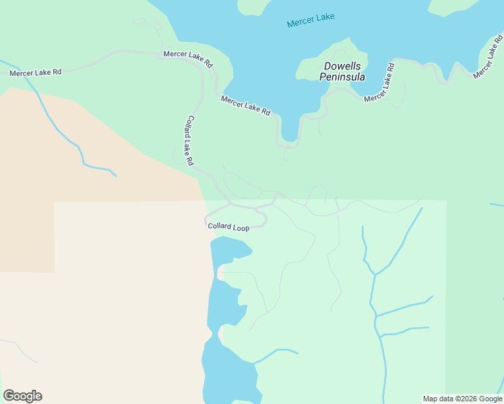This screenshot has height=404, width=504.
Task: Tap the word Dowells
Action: pos(342,66)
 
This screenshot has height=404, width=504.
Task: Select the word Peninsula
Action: pos(342,77)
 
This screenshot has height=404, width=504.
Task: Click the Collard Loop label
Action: pos(228,228)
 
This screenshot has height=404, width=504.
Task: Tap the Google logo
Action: pos(22,396)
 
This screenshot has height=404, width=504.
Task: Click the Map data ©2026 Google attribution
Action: pos(462,399)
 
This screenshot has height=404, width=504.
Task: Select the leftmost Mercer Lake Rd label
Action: pos(35,72)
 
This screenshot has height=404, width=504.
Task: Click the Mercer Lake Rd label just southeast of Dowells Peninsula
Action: pos(379,82)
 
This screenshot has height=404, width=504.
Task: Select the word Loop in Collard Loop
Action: pos(241,228)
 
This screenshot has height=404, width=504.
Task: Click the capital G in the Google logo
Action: pos(9,396)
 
